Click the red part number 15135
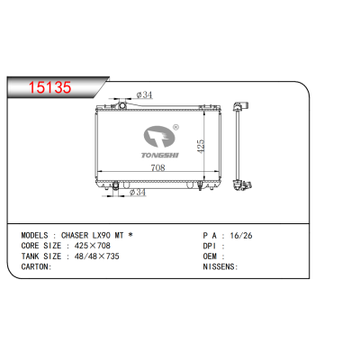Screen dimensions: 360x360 [49, 87]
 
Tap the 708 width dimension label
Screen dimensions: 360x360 [157, 167]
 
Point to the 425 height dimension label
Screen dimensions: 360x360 [201, 146]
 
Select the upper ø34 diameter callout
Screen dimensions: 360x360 [144, 95]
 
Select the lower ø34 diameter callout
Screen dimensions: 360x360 [138, 193]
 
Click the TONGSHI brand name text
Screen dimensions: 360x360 [160, 155]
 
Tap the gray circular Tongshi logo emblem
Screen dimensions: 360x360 [159, 137]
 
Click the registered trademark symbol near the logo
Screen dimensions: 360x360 [176, 127]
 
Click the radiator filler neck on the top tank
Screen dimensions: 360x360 [121, 105]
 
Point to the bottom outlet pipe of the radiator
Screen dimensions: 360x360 [115, 186]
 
